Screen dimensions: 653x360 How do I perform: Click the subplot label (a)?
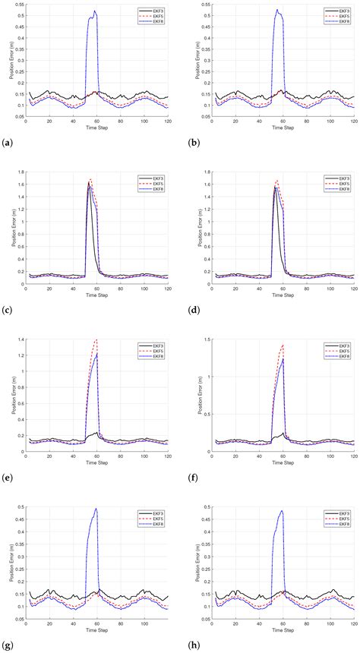pos(8,142)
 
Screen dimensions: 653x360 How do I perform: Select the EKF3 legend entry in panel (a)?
pos(155,11)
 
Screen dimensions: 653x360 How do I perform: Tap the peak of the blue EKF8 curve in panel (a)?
pos(95,11)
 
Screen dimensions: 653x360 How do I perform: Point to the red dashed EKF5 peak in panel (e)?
pos(96,339)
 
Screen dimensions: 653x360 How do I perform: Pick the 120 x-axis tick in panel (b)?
pos(353,121)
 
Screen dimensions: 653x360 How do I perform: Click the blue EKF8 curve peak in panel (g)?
pos(96,509)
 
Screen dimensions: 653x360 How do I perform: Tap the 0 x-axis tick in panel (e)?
pos(26,455)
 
